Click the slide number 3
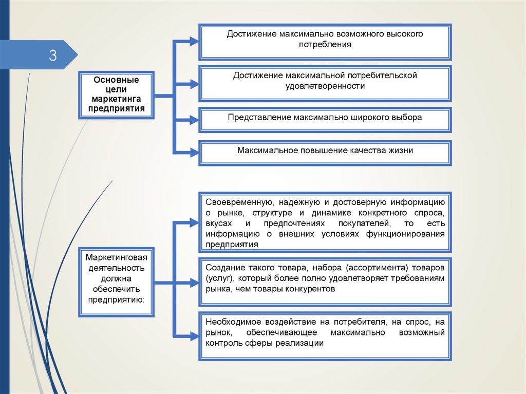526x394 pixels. point(53,55)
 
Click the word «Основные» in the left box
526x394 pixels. point(116,80)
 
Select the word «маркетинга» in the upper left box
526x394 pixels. point(116,99)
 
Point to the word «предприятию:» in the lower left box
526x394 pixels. point(116,299)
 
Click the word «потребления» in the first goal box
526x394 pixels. point(325,45)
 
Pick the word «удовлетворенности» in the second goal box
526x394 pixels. point(325,86)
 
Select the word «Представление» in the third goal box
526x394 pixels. point(260,118)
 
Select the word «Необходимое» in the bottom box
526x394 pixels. point(233,322)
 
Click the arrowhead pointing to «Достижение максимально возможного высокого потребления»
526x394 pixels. point(194,42)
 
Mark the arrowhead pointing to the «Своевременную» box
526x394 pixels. point(194,222)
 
